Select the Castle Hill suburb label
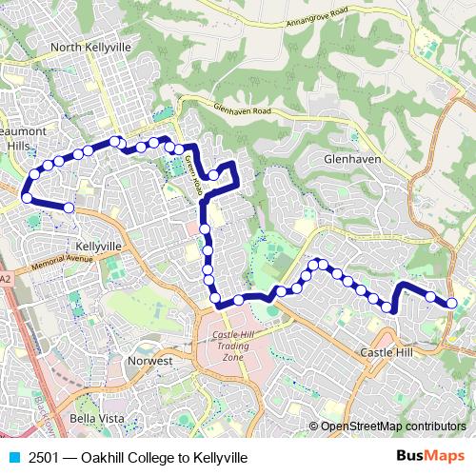point(387,352)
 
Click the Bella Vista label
point(94,419)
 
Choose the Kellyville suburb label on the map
point(98,246)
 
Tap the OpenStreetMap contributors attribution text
point(393,426)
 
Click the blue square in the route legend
point(12,458)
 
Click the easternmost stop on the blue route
point(452,304)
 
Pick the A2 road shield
point(6,279)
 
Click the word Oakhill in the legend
point(104,458)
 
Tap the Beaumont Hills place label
point(18,134)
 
